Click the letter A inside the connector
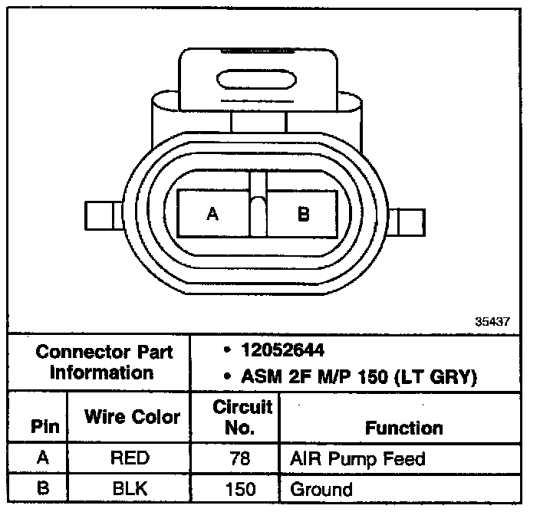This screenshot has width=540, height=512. point(212,215)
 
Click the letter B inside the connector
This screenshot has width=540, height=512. point(303,215)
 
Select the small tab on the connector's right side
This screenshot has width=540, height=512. point(408,221)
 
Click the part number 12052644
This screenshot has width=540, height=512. point(282,351)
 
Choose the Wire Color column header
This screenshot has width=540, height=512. point(132,418)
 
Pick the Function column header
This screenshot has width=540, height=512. point(404,428)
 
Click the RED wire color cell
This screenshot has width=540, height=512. point(130,460)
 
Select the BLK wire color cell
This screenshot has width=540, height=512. point(130,488)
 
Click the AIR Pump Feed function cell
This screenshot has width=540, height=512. point(357,460)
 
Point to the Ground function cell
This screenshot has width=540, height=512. point(321,488)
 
